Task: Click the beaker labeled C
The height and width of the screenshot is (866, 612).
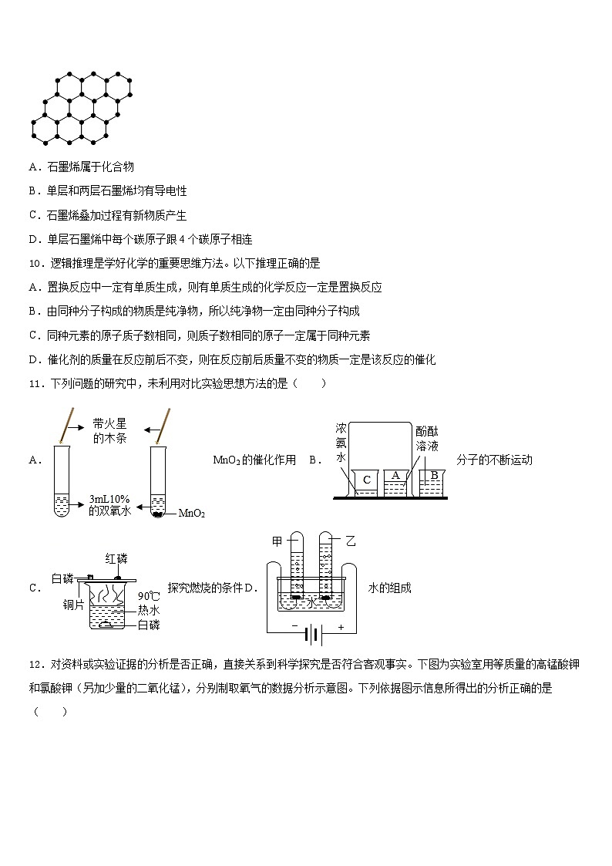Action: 366,483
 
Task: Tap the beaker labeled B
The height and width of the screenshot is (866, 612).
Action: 433,480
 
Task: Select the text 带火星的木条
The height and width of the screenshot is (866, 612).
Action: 109,430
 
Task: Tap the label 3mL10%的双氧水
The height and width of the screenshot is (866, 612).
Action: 109,504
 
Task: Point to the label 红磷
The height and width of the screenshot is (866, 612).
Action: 116,558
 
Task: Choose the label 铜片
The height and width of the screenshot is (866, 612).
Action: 74,605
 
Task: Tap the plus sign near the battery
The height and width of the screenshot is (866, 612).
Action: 340,627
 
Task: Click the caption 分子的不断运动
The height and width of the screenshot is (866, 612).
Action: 494,460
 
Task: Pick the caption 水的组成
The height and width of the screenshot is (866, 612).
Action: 389,588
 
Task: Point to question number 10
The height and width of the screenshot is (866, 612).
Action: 34,263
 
